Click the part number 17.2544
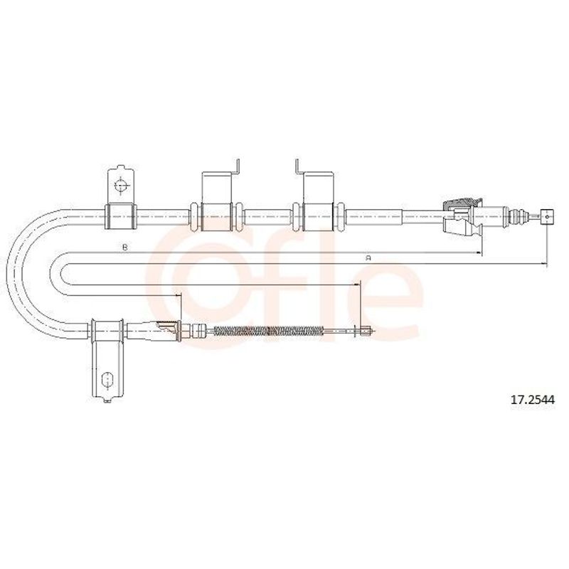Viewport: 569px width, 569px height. click(x=532, y=400)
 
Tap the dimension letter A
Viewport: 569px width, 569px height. click(x=368, y=258)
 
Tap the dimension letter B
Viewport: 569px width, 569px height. click(x=125, y=248)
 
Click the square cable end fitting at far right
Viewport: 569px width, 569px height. click(x=547, y=217)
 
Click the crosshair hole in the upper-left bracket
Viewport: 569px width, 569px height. click(x=120, y=186)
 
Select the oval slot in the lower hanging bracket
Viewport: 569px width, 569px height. click(x=107, y=380)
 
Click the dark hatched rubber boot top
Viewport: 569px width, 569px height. click(x=462, y=203)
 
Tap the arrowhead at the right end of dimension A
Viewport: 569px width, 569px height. click(x=543, y=263)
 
